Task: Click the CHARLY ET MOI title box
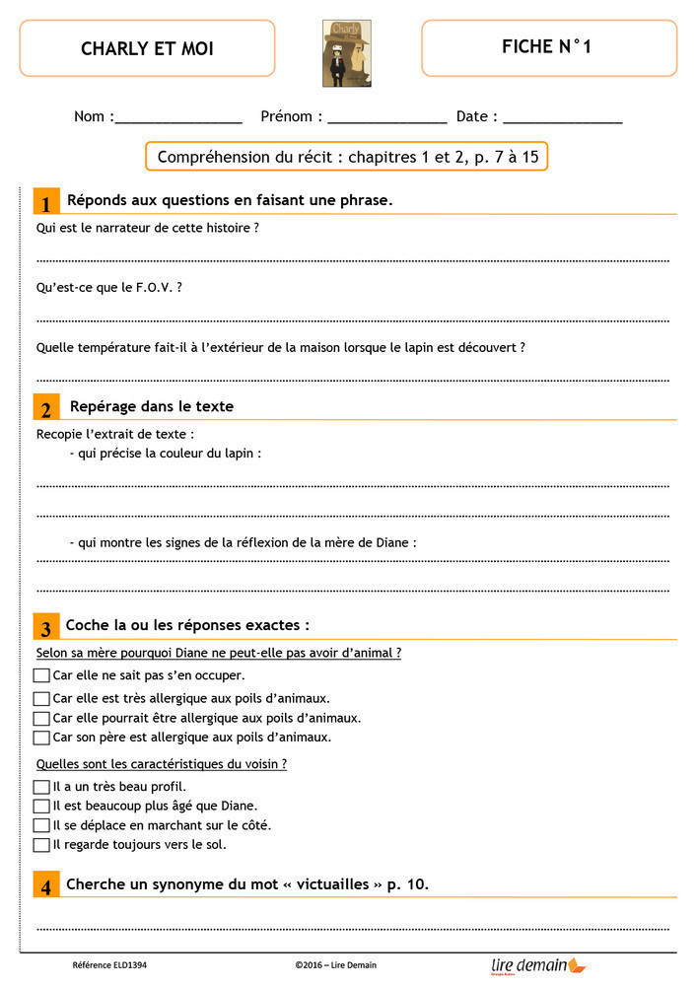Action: point(147,48)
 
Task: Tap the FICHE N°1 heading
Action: point(547,46)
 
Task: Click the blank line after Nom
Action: point(178,119)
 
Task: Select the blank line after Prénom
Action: point(387,119)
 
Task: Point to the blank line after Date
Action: point(563,119)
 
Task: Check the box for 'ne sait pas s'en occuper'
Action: point(41,675)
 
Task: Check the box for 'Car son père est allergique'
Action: point(41,737)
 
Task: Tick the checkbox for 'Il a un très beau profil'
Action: point(41,787)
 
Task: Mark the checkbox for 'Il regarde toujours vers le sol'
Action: point(41,845)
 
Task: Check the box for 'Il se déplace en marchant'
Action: point(41,825)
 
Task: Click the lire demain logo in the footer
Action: point(537,965)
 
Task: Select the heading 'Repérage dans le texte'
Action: point(152,406)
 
